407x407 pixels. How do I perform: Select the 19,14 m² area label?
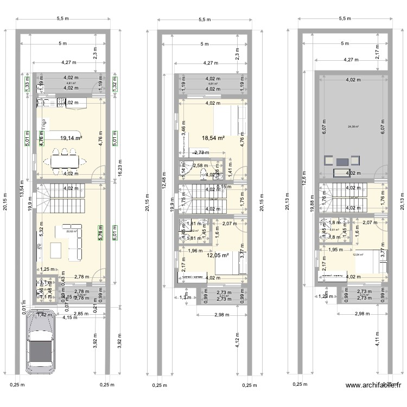pos(71,138)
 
